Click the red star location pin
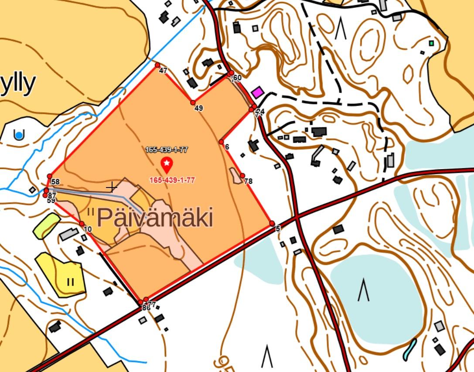coord(167,164)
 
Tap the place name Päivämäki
coord(155,218)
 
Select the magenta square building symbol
coord(258,92)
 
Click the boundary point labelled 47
coord(157,65)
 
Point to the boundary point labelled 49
coord(193,102)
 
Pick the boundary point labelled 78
coord(242,175)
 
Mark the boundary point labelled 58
coord(50,176)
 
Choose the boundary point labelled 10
coord(82,224)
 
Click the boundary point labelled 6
coord(221,142)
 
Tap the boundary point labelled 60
coord(232,73)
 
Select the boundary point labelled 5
coord(272,223)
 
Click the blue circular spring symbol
coord(19,135)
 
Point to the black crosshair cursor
coord(112,188)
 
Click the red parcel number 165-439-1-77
coord(172,180)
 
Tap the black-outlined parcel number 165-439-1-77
coord(166,150)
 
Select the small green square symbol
coord(431,43)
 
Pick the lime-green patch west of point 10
coord(46,225)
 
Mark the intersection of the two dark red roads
coord(297,216)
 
